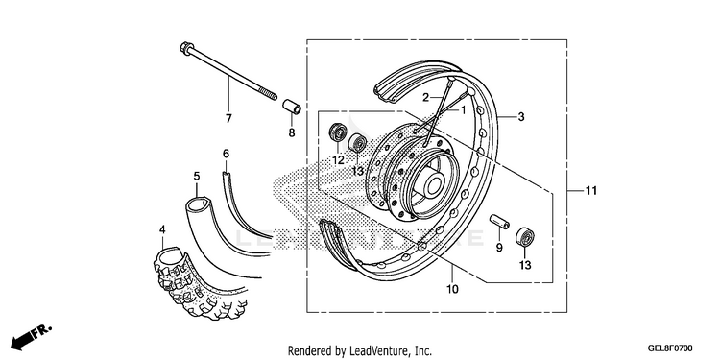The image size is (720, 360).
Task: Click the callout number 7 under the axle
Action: pos(228,118)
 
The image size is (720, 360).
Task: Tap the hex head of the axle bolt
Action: pos(185,47)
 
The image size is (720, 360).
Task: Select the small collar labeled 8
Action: pos(292,106)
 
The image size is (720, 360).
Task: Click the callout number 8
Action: pos(292,132)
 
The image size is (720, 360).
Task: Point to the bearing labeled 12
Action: pos(339,132)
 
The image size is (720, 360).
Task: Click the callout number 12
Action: pos(338,160)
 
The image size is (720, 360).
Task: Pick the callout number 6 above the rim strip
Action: pos(226,154)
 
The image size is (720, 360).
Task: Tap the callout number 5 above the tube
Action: pos(197,176)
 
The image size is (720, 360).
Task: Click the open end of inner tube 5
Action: pos(198,202)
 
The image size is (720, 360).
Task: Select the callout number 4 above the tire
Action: pos(161,228)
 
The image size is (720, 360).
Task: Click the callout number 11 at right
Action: pos(591,190)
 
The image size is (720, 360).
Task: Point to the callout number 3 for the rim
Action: pos(520,116)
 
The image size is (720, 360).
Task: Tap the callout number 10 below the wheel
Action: pos(452,289)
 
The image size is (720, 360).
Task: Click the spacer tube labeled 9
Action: pos(499,222)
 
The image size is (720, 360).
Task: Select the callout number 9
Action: pos(499,248)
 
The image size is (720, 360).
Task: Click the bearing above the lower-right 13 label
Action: pos(525,236)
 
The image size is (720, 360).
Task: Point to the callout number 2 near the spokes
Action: pos(425,97)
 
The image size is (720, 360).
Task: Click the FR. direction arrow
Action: pos(31,336)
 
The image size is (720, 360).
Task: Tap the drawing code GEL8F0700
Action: pos(671,348)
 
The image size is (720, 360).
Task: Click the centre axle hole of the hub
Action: pos(434,185)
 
